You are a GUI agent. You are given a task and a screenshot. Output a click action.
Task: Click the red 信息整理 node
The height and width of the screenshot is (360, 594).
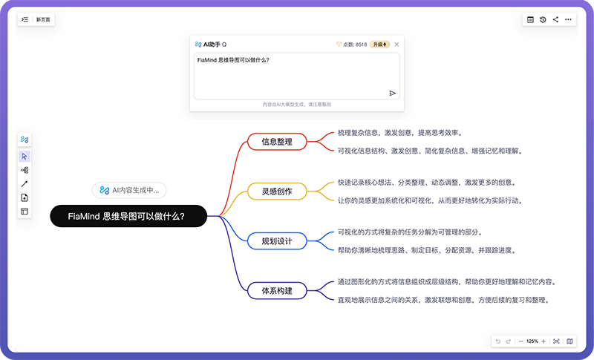click(x=277, y=142)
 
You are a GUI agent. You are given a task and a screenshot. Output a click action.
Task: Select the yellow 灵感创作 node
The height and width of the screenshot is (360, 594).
click(x=277, y=192)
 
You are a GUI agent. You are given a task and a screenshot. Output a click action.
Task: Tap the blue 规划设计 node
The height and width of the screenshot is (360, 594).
click(x=277, y=240)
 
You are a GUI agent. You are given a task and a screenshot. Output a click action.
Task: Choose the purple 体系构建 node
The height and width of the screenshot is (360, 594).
click(x=277, y=291)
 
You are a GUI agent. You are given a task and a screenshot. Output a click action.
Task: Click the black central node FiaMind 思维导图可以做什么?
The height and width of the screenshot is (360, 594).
click(x=128, y=216)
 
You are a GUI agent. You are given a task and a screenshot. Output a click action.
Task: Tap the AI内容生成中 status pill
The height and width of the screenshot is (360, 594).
click(x=129, y=190)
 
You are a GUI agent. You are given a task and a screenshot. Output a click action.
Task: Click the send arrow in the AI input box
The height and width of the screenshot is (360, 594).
click(x=393, y=93)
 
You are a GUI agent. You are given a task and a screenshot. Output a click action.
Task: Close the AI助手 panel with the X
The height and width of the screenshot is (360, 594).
click(x=396, y=45)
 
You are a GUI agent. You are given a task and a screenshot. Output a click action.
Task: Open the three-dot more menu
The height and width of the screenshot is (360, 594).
click(x=568, y=20)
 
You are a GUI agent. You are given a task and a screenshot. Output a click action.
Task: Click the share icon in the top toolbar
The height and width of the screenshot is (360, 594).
click(x=555, y=20)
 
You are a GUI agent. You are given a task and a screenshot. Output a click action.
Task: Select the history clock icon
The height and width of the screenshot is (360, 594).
click(x=543, y=20)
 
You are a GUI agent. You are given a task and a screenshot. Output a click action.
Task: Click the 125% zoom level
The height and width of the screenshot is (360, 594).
click(x=532, y=341)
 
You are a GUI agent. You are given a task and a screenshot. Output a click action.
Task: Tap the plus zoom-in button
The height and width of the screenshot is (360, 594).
click(x=544, y=341)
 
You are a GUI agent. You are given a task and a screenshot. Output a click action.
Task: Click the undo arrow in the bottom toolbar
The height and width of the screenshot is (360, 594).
click(x=498, y=341)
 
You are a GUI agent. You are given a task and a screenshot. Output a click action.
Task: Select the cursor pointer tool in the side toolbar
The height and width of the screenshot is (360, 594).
click(x=25, y=157)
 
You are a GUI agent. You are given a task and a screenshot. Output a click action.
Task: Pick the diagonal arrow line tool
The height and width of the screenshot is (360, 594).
click(x=25, y=184)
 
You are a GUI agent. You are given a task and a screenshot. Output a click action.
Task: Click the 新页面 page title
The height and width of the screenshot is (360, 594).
click(x=43, y=20)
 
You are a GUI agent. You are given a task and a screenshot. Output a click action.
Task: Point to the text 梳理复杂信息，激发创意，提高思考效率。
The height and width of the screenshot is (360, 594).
click(x=400, y=133)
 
